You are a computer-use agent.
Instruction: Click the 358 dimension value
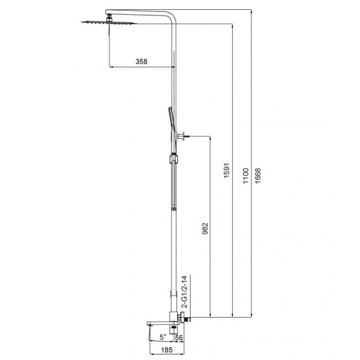[x=141, y=61]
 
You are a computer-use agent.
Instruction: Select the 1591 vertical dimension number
[x=227, y=170]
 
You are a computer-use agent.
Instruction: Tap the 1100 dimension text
[x=246, y=176]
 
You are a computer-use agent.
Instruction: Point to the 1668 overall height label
[x=258, y=176]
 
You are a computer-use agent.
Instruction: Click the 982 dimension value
[x=205, y=229]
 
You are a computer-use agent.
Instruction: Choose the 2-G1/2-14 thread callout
[x=185, y=292]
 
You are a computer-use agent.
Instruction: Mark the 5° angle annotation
[x=163, y=337]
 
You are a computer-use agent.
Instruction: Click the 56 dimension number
[x=179, y=337]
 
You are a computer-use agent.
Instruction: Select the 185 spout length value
[x=167, y=350]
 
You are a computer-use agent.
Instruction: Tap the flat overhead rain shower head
[x=109, y=23]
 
